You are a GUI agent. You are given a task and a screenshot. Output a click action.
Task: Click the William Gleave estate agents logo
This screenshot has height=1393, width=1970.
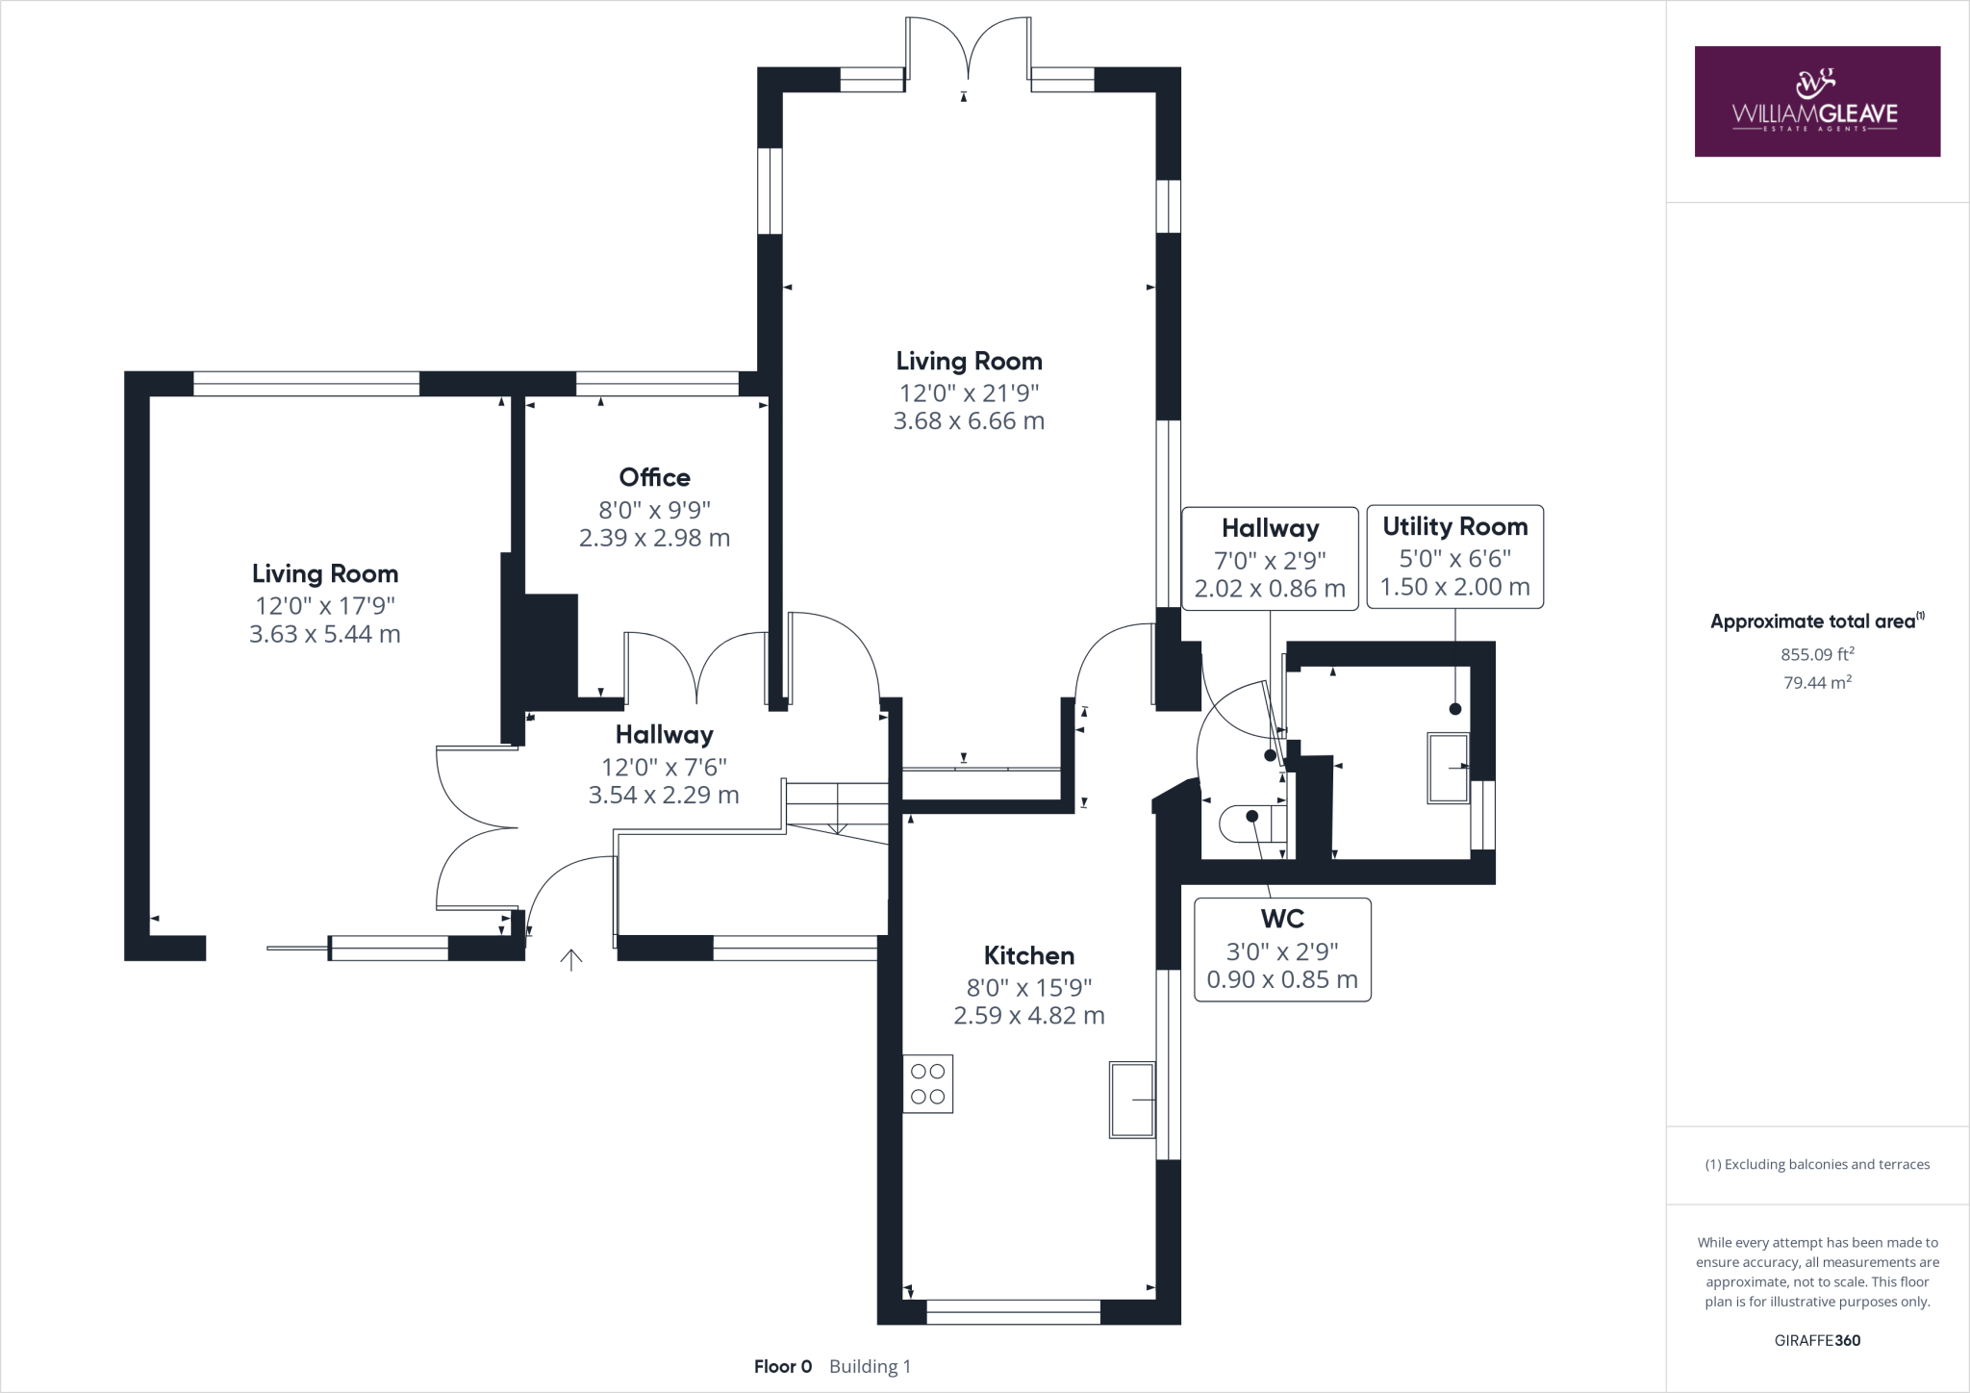coord(1816,101)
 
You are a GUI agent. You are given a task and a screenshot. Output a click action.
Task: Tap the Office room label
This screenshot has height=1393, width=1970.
coord(654,477)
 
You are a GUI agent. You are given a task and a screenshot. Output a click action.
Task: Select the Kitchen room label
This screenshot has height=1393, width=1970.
coord(1028,955)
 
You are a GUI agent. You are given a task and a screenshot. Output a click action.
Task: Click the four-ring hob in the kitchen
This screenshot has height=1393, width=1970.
coord(927,1084)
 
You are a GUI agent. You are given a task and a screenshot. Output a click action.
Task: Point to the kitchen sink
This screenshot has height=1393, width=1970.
coord(1132,1100)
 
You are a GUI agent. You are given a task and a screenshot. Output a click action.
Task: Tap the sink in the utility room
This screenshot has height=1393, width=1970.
coord(1448,768)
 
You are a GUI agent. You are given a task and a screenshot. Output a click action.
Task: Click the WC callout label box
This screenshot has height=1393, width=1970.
coord(1282,950)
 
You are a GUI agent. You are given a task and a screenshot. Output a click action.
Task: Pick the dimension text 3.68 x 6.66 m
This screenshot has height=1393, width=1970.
coord(969,421)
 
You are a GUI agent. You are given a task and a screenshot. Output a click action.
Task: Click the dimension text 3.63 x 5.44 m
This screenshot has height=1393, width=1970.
coord(325,634)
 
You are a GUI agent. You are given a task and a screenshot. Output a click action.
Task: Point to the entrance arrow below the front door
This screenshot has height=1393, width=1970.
coord(571,959)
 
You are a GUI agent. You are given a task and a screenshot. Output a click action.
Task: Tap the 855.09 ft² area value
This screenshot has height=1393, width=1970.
coord(1817,654)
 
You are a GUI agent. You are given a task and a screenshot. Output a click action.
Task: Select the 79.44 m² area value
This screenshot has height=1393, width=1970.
coord(1817,682)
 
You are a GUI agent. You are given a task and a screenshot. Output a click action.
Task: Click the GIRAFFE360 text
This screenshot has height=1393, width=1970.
coord(1817,1340)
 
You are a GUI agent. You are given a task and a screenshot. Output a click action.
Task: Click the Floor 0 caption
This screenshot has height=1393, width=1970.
coord(783,1366)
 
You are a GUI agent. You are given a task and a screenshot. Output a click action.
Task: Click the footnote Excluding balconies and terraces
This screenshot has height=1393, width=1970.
coord(1817,1164)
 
